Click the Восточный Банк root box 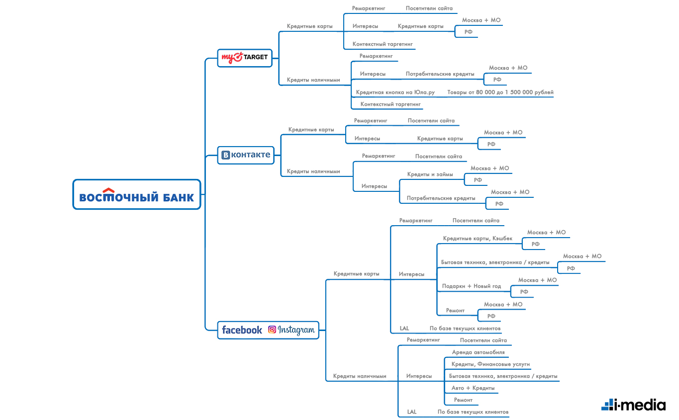(137, 194)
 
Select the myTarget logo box (245, 58)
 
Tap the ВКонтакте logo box (246, 156)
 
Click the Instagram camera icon (272, 330)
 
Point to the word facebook (242, 330)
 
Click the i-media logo (634, 405)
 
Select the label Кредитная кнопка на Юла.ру (395, 92)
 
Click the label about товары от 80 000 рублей (500, 92)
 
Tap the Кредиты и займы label (430, 174)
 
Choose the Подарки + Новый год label (472, 286)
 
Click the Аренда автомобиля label (479, 352)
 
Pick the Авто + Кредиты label (473, 388)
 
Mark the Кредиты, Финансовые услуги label (490, 364)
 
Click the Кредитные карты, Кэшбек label (478, 238)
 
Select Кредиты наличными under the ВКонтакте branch (313, 171)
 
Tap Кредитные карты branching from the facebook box (357, 274)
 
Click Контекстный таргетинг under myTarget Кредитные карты (383, 44)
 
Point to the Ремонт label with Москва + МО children (455, 310)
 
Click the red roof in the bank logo (108, 190)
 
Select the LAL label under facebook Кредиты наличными (412, 412)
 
